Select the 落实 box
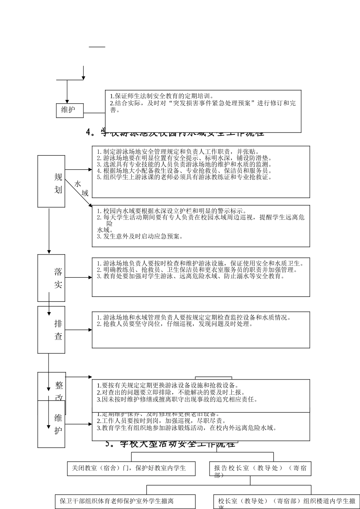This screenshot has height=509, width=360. click(x=51, y=278)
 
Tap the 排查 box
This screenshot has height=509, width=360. click(x=51, y=329)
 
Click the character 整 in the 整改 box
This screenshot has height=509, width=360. click(x=59, y=386)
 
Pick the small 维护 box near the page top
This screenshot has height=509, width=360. click(x=70, y=110)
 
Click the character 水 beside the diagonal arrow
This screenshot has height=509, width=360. click(x=78, y=184)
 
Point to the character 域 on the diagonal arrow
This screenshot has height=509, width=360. click(x=85, y=193)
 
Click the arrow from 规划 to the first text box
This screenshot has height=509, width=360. click(x=78, y=170)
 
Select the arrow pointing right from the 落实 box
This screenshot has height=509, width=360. click(x=78, y=277)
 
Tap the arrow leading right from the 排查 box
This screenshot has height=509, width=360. click(x=78, y=329)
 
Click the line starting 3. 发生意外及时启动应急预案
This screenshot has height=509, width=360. click(x=140, y=236)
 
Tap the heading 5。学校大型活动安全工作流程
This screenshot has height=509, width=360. click(x=171, y=444)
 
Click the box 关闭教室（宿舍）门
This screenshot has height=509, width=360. click(x=131, y=468)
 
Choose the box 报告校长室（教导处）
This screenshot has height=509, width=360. click(x=260, y=469)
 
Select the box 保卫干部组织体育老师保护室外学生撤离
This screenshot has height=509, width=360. click(x=125, y=501)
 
